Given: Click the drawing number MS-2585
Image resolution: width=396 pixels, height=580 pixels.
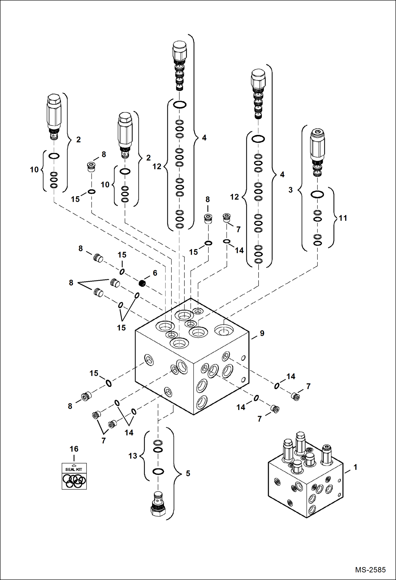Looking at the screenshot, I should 370,569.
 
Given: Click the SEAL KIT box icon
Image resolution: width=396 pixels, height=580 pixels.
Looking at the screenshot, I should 74,476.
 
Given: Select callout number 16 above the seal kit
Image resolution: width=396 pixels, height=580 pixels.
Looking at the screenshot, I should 74,449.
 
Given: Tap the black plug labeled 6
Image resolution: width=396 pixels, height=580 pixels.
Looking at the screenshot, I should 142,283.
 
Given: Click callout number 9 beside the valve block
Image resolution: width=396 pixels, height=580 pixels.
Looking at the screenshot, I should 262,333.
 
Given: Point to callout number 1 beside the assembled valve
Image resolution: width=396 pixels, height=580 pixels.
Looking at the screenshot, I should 355,467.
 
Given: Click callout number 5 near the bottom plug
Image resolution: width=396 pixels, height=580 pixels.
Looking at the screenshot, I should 188,473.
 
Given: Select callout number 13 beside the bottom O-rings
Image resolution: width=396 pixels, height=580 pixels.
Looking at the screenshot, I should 133,456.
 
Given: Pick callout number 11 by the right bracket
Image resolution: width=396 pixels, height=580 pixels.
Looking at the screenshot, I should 343,218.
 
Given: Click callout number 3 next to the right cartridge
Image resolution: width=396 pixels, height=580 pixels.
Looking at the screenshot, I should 291,190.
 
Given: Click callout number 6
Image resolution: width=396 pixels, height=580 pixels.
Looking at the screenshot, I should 155,273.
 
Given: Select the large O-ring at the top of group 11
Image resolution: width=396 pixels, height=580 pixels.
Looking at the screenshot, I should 317,194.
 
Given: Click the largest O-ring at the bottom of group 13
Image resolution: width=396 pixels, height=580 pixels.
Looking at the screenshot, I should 158,471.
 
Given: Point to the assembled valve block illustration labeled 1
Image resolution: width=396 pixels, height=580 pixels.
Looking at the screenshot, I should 305,476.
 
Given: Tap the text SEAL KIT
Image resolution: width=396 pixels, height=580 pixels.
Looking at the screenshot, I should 74,469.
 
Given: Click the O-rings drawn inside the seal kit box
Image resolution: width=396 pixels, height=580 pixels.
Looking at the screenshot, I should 74,480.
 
